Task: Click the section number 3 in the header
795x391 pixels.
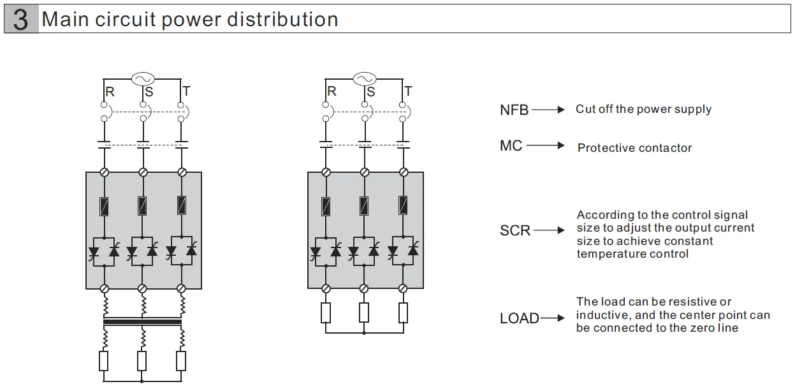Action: pos(20,20)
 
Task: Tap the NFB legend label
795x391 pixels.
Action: pos(514,110)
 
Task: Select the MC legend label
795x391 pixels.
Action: pos(511,146)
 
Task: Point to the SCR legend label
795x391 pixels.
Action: pos(514,230)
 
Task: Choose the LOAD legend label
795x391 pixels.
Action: pos(519,318)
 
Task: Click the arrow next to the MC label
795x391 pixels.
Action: pos(546,146)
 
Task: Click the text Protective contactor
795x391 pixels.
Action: pos(634,148)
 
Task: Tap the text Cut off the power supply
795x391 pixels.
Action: pos(643,109)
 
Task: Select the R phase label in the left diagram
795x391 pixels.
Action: pos(110,92)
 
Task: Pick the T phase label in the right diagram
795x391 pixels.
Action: pos(408,92)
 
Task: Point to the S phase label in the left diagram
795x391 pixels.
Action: pos(149,92)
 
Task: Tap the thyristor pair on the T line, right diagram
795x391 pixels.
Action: pos(403,249)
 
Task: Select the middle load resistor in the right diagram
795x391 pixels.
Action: pos(364,313)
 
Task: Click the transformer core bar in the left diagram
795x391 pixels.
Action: pos(142,322)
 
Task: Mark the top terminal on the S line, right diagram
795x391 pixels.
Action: pos(364,172)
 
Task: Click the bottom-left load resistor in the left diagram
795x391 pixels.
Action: pos(103,361)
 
